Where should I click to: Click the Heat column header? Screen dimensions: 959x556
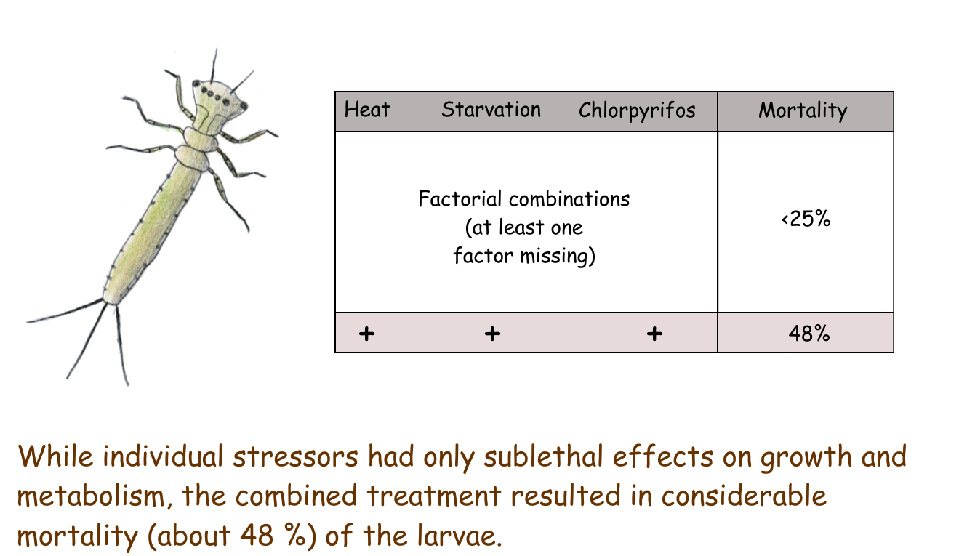[367, 110]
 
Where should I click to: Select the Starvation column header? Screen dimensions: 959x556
[491, 110]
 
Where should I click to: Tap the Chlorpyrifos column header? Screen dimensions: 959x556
[637, 110]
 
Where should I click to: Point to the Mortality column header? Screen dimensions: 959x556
[803, 110]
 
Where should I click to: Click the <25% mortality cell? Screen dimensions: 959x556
[806, 219]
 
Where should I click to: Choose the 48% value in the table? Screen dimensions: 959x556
[809, 333]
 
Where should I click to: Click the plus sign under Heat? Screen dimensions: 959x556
[366, 334]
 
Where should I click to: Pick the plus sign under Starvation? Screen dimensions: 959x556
[492, 334]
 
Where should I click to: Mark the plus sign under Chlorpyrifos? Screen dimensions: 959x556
[654, 334]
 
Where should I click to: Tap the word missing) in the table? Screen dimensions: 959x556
[558, 257]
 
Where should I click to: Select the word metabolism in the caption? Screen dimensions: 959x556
[91, 496]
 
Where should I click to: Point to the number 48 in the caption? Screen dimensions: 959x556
[257, 536]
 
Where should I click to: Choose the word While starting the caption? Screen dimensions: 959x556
[55, 456]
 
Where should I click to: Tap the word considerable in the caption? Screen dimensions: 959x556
[744, 496]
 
